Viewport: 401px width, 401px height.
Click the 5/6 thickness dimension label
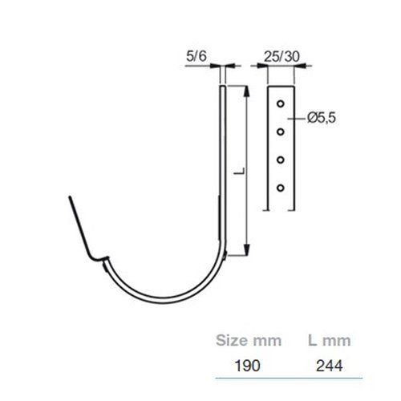point(196,56)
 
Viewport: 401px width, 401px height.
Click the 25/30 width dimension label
point(282,57)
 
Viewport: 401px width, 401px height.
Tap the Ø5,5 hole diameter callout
point(322,118)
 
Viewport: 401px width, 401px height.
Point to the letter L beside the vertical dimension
point(239,171)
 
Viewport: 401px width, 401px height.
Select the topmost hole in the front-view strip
point(281,103)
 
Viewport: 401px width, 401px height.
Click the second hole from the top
point(281,132)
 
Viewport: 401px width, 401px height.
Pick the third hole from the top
point(281,160)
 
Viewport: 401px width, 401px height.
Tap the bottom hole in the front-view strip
point(281,188)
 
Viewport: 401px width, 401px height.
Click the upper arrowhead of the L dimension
point(247,91)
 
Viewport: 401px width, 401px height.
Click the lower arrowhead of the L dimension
point(247,250)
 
